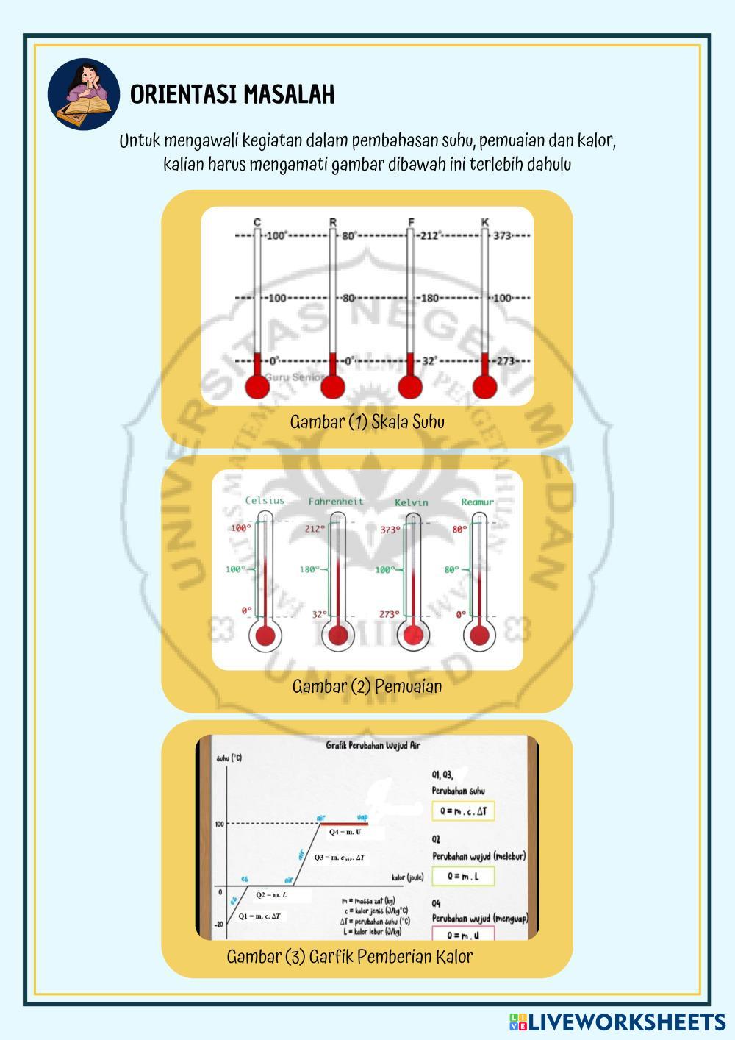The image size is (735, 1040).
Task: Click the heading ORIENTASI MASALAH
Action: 232,95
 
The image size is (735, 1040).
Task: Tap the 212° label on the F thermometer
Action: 430,236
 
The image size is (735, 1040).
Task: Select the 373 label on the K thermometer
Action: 502,236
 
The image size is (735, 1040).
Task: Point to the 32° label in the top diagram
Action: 430,361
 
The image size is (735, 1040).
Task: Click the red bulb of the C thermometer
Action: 257,387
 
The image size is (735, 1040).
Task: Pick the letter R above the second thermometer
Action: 333,222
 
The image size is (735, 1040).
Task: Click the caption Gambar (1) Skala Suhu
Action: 367,422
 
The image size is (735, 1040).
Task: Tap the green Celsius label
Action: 265,501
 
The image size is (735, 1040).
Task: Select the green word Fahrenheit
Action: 336,502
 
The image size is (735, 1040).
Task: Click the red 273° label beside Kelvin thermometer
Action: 390,614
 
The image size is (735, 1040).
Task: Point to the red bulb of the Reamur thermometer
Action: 479,635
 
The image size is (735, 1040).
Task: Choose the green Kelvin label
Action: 411,502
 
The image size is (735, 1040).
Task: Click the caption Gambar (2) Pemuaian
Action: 367,686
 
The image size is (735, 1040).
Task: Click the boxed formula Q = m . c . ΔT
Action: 463,812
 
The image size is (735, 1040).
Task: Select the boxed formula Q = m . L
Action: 463,876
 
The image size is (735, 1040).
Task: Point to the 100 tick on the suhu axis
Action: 220,824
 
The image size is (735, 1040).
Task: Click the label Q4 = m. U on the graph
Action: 345,832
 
